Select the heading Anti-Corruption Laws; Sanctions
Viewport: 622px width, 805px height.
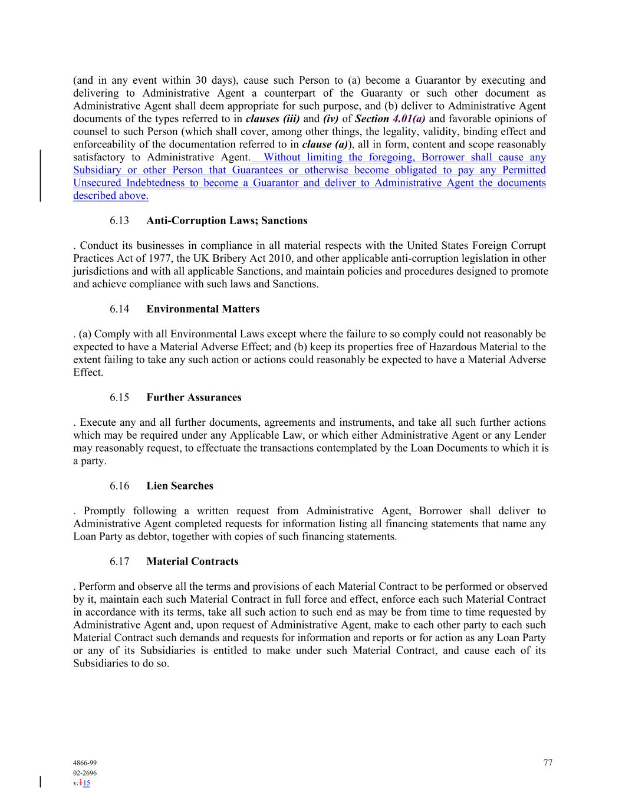tap(226, 221)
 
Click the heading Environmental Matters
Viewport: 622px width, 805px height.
tap(203, 309)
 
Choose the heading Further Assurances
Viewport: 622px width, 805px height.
tap(193, 397)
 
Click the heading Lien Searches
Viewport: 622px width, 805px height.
tap(180, 486)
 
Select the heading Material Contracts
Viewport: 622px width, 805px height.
tap(192, 561)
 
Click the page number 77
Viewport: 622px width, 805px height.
tap(548, 763)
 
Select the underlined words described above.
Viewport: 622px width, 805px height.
tap(111, 196)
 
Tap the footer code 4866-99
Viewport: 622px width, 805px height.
tap(85, 763)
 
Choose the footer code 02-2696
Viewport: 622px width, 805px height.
tap(85, 773)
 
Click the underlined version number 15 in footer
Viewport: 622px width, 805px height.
tap(87, 783)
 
